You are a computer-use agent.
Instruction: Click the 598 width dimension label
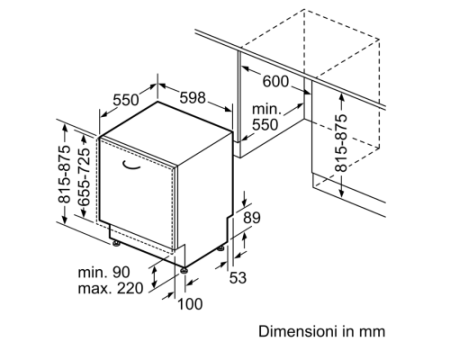tap(193, 98)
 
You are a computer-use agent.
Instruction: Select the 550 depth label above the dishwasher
tap(125, 100)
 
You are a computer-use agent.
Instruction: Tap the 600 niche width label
tap(276, 81)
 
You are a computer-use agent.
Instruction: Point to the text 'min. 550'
tap(265, 117)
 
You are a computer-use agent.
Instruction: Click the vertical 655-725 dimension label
tap(84, 177)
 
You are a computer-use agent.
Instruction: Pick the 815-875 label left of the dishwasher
tap(64, 174)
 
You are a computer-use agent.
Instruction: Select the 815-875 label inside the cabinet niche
tap(341, 143)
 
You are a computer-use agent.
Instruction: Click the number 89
tap(252, 218)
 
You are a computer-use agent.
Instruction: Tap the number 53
tap(238, 278)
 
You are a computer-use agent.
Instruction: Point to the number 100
tap(190, 304)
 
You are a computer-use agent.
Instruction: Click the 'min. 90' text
tap(104, 272)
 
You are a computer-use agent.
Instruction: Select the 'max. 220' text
tap(110, 288)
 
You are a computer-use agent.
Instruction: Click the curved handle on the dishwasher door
tap(131, 165)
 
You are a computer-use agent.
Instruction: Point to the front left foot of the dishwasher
tap(116, 244)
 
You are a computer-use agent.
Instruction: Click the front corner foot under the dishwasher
tap(184, 270)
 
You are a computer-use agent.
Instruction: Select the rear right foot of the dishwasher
tap(220, 249)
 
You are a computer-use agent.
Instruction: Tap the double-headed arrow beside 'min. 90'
tap(154, 277)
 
